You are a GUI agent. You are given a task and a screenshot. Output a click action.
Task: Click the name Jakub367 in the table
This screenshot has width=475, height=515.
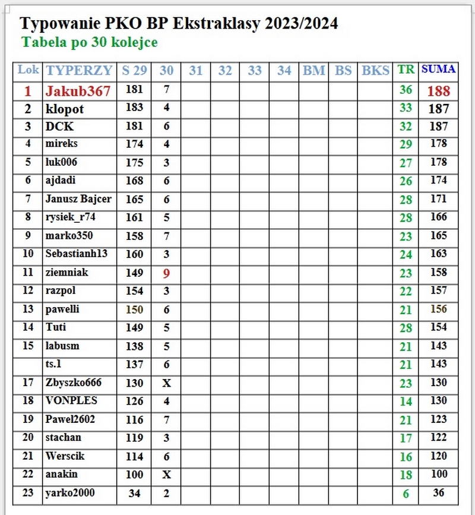click(x=78, y=91)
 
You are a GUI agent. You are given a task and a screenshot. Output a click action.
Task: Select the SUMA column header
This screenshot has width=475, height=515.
click(x=439, y=69)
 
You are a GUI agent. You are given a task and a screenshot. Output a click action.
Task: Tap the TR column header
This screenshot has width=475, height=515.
click(x=406, y=69)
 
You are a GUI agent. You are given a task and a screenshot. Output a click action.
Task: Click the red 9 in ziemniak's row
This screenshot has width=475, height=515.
click(x=167, y=273)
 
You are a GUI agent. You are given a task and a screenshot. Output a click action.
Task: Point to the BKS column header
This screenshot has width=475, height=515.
click(x=376, y=70)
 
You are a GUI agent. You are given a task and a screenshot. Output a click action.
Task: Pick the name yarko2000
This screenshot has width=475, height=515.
click(x=70, y=493)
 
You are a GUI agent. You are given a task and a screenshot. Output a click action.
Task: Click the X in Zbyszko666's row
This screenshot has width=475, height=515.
click(x=167, y=383)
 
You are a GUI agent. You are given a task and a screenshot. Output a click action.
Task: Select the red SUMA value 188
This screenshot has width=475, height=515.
click(x=439, y=91)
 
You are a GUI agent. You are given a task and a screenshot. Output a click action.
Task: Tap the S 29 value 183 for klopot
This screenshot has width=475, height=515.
click(x=135, y=108)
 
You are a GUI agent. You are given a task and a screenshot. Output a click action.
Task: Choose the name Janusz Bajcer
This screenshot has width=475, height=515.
click(x=78, y=198)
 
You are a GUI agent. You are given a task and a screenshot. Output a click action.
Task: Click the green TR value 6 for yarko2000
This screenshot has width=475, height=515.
click(x=406, y=493)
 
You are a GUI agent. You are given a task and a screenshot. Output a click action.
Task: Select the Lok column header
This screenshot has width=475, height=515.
click(x=28, y=69)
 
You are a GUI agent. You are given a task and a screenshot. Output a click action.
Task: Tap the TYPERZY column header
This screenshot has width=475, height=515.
click(x=79, y=70)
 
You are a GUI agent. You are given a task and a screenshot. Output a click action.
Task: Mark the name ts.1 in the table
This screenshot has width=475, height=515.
click(x=53, y=364)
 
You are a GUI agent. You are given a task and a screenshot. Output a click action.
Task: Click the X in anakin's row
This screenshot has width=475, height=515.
click(x=167, y=475)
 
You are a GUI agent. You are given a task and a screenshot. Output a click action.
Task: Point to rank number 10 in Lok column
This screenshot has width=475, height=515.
click(x=28, y=254)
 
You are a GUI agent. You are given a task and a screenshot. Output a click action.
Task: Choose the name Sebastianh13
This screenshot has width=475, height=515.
click(x=77, y=254)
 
